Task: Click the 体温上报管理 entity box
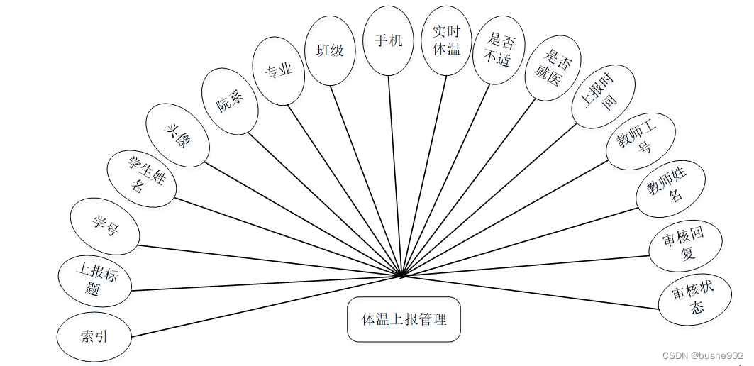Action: point(404,319)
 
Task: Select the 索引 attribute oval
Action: point(94,335)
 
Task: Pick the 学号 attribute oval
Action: point(105,227)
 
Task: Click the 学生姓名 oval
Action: point(140,178)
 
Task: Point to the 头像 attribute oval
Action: point(177,135)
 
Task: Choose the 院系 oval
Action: point(230,101)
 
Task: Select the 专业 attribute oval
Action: point(279,72)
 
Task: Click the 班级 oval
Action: point(330,51)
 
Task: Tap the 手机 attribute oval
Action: point(387,40)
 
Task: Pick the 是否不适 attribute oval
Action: point(499,50)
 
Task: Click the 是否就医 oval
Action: point(553,69)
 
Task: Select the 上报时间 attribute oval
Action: point(600,97)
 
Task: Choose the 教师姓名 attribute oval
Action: point(670,187)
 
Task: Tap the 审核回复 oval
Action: point(685,245)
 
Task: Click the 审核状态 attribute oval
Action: point(695,298)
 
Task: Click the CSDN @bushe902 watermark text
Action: point(702,355)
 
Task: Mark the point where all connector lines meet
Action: point(401,274)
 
